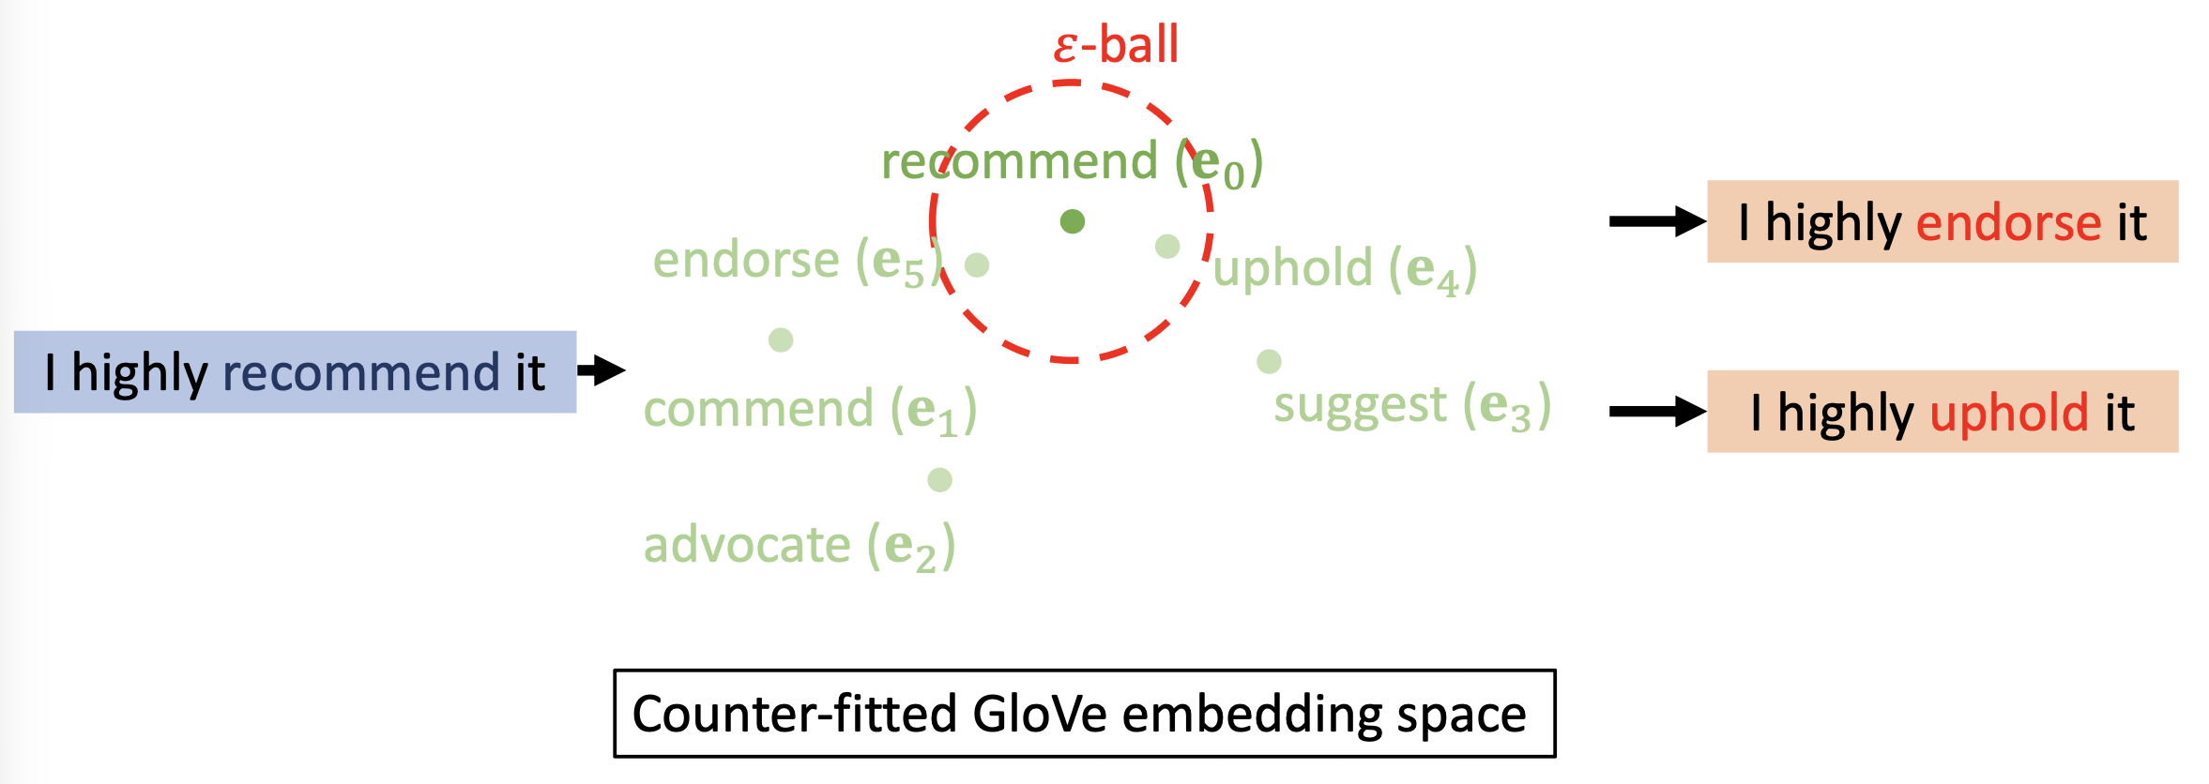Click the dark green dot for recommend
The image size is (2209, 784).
[x=1073, y=221]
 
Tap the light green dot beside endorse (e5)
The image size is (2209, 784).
[x=977, y=264]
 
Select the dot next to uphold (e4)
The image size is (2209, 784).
[x=1167, y=247]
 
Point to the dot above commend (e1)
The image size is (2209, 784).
[x=781, y=339]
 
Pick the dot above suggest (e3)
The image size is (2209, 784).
[x=1269, y=361]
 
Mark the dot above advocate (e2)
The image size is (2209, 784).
[x=939, y=480]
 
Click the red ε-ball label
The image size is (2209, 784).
[x=1116, y=45]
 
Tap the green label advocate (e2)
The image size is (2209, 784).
[x=799, y=546]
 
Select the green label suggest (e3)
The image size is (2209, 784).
[x=1411, y=406]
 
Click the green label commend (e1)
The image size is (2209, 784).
[x=810, y=411]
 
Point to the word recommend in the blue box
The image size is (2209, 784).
[x=361, y=373]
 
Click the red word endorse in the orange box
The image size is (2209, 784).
[x=2008, y=223]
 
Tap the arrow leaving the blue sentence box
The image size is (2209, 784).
[x=602, y=370]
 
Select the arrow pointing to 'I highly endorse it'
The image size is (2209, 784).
[x=1656, y=221]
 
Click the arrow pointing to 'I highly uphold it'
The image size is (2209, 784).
[x=1656, y=411]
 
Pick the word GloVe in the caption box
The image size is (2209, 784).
[x=1041, y=715]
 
